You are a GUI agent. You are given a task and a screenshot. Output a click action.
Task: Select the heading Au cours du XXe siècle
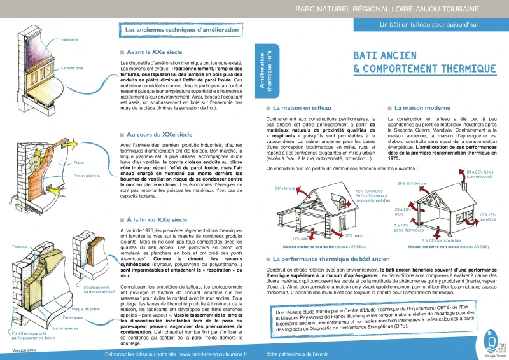point(159,135)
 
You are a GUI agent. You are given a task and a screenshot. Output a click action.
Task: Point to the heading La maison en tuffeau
point(302,109)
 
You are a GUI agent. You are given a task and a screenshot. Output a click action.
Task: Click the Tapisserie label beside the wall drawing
point(69,39)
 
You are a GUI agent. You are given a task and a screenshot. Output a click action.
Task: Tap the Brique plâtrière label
point(87,174)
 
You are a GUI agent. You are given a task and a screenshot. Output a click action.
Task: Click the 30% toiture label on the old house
point(284,188)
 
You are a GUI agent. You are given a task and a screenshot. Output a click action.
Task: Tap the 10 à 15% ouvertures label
point(488,217)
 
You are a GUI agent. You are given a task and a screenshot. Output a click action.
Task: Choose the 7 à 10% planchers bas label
point(441,240)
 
